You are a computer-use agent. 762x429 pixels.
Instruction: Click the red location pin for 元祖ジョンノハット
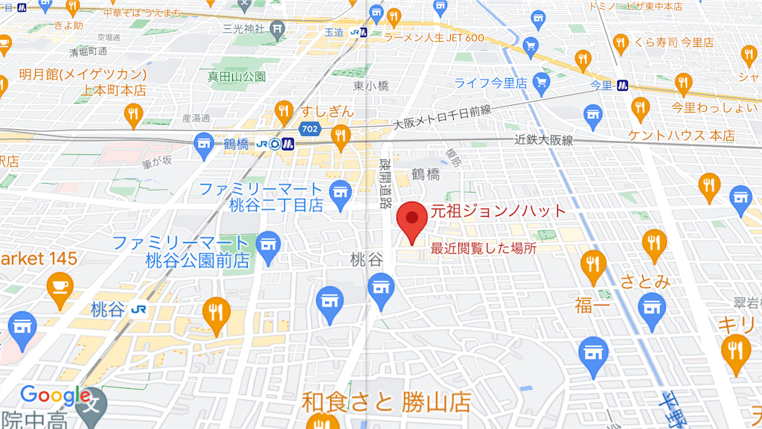click(411, 219)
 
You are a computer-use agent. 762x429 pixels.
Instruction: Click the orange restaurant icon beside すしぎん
click(284, 112)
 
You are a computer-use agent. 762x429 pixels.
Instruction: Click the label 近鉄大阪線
click(544, 140)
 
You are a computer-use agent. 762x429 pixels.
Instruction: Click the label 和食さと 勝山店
click(385, 403)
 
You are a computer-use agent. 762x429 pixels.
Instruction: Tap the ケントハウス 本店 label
click(681, 136)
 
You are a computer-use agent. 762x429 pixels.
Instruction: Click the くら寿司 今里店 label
click(673, 42)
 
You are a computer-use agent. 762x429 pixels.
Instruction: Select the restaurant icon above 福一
click(592, 265)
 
